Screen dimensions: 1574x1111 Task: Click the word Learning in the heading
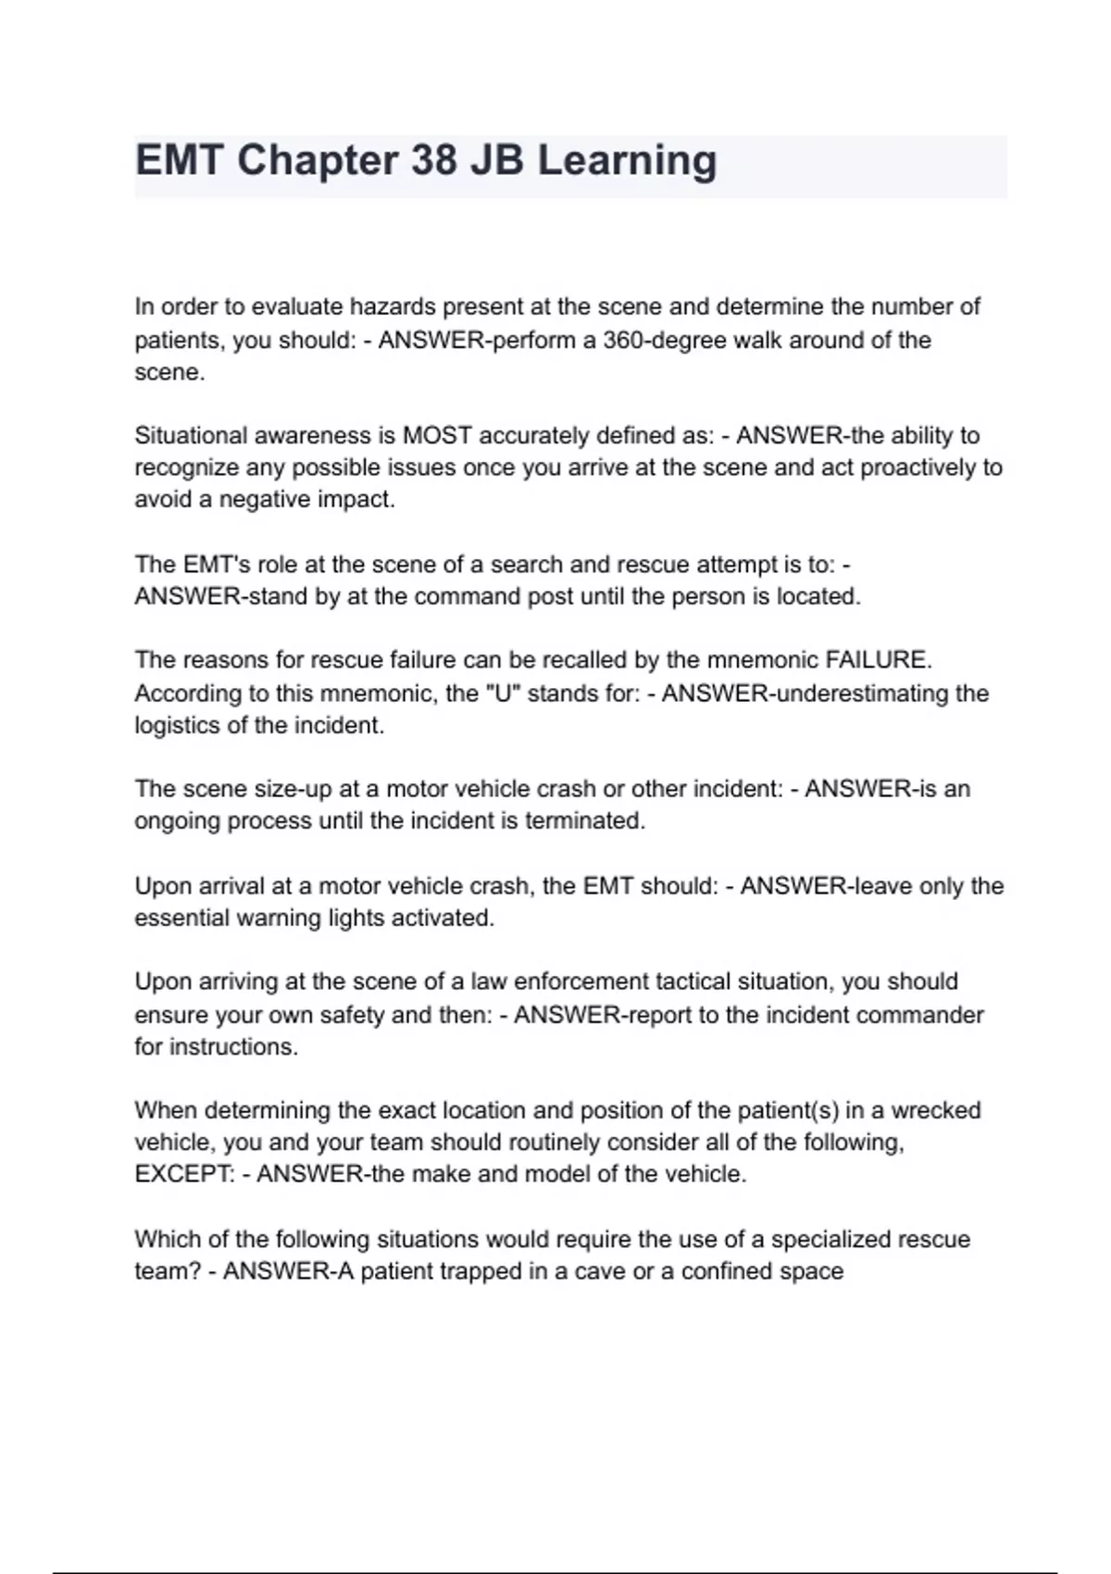point(627,160)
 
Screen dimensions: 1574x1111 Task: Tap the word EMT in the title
point(179,160)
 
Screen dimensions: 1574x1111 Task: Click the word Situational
point(190,435)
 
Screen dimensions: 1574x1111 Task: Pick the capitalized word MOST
point(437,435)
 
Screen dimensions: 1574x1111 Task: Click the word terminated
point(584,821)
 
